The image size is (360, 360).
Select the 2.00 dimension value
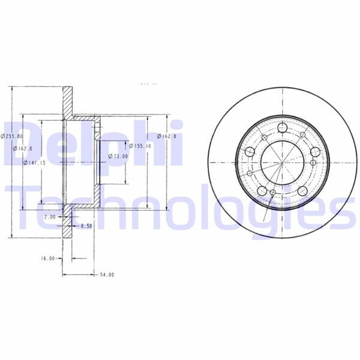(50, 217)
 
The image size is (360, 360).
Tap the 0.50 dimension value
(86, 226)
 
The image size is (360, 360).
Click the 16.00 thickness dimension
(48, 259)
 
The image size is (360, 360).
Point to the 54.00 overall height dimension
(106, 274)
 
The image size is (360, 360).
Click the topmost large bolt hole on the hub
(283, 128)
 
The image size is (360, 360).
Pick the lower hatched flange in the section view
(68, 217)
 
